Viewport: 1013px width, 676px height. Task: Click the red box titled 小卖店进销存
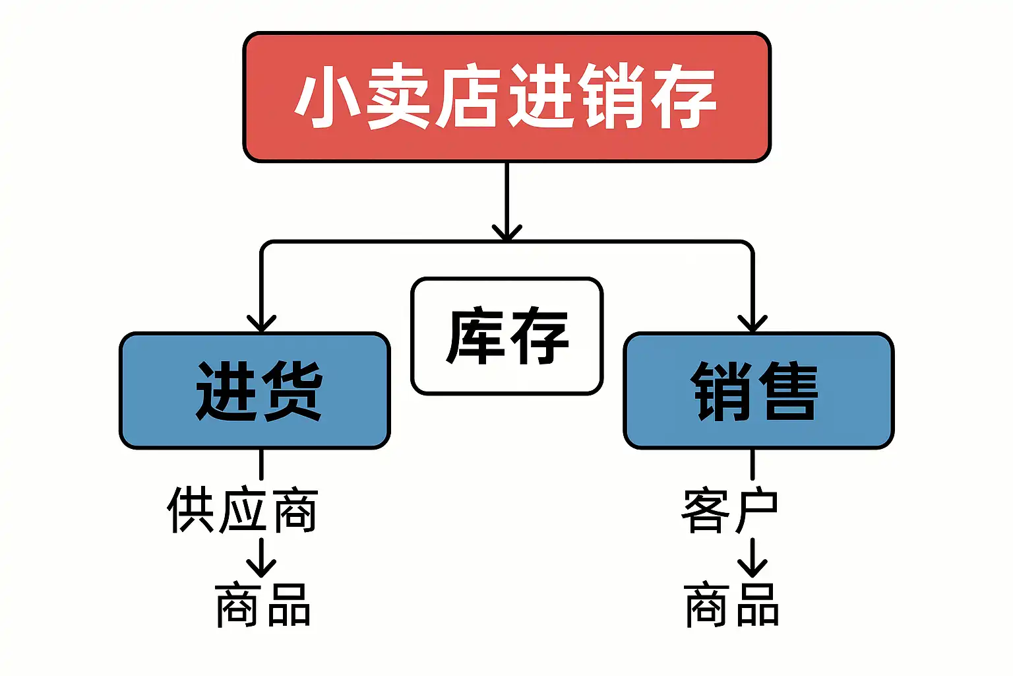pyautogui.click(x=507, y=97)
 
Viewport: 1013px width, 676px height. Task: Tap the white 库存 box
pyautogui.click(x=507, y=336)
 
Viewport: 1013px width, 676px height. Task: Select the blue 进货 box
pyautogui.click(x=255, y=391)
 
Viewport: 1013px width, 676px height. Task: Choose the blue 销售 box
pyautogui.click(x=759, y=391)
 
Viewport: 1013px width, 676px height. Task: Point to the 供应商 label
pyautogui.click(x=243, y=510)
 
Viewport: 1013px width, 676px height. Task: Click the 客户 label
pyautogui.click(x=729, y=510)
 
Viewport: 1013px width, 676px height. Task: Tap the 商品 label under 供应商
pyautogui.click(x=262, y=605)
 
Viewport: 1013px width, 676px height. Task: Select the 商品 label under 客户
pyautogui.click(x=731, y=605)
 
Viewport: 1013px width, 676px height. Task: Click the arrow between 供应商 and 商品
pyautogui.click(x=261, y=557)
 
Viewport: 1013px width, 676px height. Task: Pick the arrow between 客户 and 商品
pyautogui.click(x=752, y=557)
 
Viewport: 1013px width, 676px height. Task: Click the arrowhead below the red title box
pyautogui.click(x=507, y=233)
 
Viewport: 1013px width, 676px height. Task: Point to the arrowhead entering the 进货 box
pyautogui.click(x=261, y=323)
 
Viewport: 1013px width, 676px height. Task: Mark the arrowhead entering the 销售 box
pyautogui.click(x=752, y=323)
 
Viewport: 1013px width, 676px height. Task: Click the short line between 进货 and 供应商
pyautogui.click(x=261, y=465)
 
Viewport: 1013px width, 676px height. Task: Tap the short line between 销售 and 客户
pyautogui.click(x=752, y=465)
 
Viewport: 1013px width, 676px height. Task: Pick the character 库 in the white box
pyautogui.click(x=475, y=335)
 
